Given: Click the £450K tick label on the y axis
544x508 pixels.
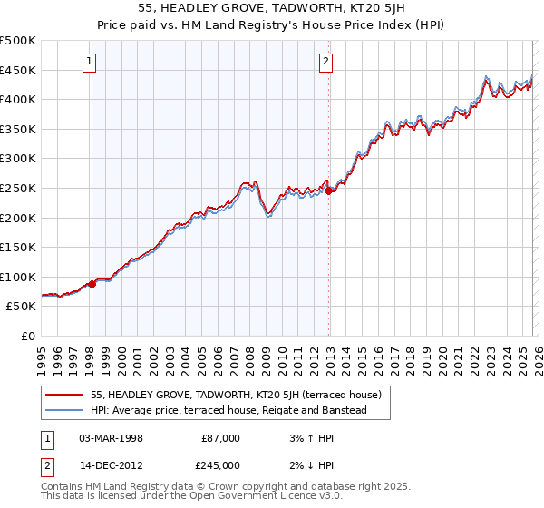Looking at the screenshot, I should pos(18,70).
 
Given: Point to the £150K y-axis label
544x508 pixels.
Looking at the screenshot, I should pos(18,247).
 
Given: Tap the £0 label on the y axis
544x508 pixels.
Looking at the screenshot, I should pos(28,336).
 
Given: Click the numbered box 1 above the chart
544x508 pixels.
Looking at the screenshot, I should pos(91,62).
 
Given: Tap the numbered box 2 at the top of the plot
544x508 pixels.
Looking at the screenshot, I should pos(325,62).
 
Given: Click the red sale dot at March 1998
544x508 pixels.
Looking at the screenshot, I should pos(92,284).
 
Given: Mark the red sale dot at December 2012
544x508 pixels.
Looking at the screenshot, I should pos(328,190).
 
